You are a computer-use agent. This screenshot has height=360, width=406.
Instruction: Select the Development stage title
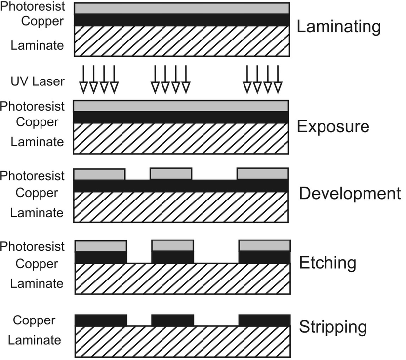click(350, 193)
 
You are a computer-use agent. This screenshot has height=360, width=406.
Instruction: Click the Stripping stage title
click(333, 327)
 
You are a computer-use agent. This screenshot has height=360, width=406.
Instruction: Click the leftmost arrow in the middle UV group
click(155, 79)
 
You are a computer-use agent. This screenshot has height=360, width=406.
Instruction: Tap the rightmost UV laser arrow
click(278, 79)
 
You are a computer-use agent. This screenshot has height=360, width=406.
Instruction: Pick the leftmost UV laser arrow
click(82, 79)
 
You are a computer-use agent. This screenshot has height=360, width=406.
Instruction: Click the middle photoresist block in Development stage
click(170, 174)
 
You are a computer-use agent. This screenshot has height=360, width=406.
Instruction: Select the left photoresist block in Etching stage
click(100, 245)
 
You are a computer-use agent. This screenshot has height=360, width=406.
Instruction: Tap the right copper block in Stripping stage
click(264, 320)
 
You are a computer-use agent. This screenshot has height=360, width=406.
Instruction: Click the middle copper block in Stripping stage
click(172, 320)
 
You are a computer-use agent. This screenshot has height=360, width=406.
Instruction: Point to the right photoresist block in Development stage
click(263, 174)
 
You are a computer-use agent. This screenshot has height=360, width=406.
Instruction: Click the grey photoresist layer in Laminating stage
click(181, 8)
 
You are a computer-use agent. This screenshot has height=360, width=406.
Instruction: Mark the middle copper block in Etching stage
click(172, 257)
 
